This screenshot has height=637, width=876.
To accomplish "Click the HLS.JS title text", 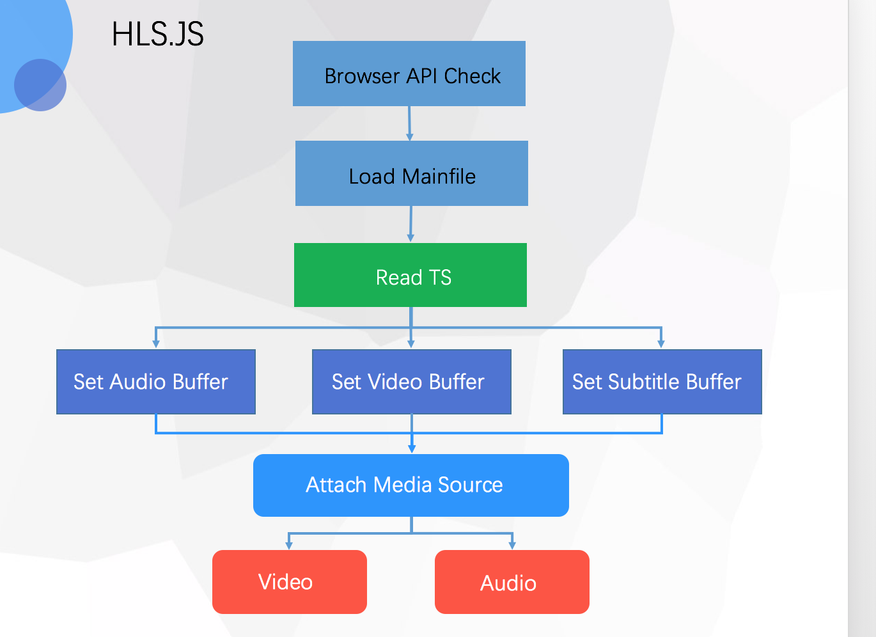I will tap(157, 35).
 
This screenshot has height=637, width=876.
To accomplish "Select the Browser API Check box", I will tap(409, 74).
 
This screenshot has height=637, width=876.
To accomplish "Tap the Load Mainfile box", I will tap(412, 174).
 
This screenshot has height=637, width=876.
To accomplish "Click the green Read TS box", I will tap(411, 276).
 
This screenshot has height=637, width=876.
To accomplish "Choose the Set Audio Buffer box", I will tap(156, 382).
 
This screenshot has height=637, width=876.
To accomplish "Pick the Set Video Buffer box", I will tap(412, 382).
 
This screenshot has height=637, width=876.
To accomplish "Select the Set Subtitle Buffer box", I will tap(662, 382).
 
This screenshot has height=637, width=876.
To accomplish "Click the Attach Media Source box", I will tap(411, 485).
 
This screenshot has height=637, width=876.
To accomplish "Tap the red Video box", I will tap(290, 582).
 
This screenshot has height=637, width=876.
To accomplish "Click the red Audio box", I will tap(512, 582).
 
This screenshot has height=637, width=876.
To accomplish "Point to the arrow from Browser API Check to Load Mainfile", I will tap(410, 123).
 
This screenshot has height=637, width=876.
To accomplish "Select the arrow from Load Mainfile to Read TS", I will tap(411, 224).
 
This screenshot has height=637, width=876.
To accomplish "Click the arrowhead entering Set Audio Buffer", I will tap(156, 343).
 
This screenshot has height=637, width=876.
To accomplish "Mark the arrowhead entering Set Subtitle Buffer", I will tap(661, 343).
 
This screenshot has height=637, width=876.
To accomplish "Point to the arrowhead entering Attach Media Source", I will tap(412, 448).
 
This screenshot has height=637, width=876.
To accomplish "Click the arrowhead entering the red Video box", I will tap(289, 545).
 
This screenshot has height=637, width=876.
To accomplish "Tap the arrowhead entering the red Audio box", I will tap(512, 545).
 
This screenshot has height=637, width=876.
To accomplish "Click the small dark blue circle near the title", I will tap(40, 85).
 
